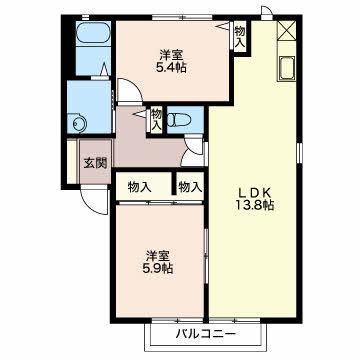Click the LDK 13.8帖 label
coord(254,199)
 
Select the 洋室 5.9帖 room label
coord(159,262)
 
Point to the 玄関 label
coord(95,163)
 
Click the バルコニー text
coord(206,333)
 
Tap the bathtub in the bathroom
coord(93,34)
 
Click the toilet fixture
coord(178,120)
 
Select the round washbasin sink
coord(79,124)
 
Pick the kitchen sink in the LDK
coord(287,68)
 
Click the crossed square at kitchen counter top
coord(287,29)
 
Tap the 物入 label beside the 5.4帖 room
coord(240,36)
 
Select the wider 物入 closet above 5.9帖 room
coord(139,187)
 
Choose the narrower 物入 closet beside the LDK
coord(190,187)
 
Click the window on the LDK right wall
coord(299,153)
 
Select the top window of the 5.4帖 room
coord(184,18)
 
